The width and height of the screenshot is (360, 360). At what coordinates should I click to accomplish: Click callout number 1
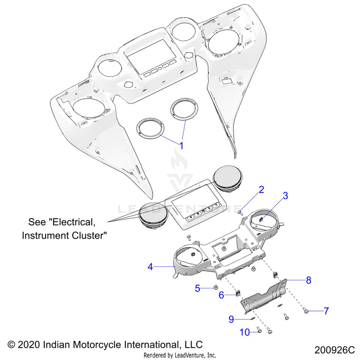[181, 144]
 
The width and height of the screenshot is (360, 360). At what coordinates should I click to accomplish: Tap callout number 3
[285, 195]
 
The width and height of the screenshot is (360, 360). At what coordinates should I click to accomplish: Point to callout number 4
[150, 266]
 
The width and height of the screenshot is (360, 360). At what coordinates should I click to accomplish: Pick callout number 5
[197, 288]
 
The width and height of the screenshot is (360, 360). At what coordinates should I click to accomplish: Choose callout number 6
[222, 295]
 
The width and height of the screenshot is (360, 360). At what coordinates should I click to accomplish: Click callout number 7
[326, 311]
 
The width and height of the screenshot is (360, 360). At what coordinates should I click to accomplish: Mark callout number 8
[309, 279]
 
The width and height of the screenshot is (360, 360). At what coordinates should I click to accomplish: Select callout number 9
[231, 319]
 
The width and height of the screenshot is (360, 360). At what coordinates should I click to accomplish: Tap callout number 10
[244, 332]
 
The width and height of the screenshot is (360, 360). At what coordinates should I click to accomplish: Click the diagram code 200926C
[334, 349]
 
